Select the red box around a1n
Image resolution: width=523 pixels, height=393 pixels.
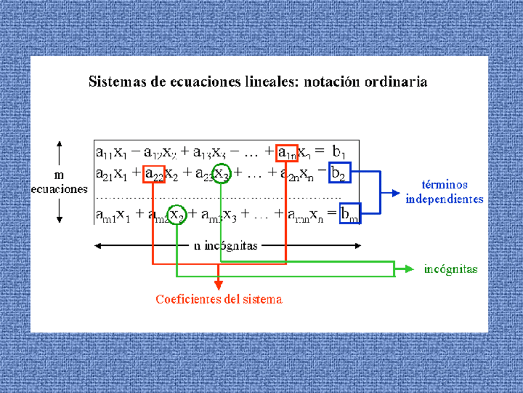click(x=287, y=152)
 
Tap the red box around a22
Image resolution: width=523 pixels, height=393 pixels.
click(x=154, y=174)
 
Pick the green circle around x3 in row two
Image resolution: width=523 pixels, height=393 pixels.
click(x=222, y=174)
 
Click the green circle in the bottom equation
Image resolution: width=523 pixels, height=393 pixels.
click(x=177, y=214)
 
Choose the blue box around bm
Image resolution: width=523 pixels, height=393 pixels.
click(x=350, y=213)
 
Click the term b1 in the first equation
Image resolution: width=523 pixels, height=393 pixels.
click(x=339, y=152)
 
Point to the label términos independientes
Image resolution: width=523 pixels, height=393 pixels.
click(x=444, y=192)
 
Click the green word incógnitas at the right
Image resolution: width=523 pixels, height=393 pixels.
click(x=451, y=269)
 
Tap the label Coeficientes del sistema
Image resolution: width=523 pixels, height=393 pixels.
click(x=219, y=300)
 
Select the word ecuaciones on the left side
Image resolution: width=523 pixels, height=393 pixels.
click(x=59, y=190)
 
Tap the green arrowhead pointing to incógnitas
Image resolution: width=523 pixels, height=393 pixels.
click(x=409, y=269)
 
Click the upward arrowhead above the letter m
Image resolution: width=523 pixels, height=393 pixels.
click(x=59, y=144)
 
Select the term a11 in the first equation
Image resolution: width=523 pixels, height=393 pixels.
click(x=102, y=152)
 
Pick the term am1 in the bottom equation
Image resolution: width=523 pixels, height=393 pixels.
click(x=104, y=214)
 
